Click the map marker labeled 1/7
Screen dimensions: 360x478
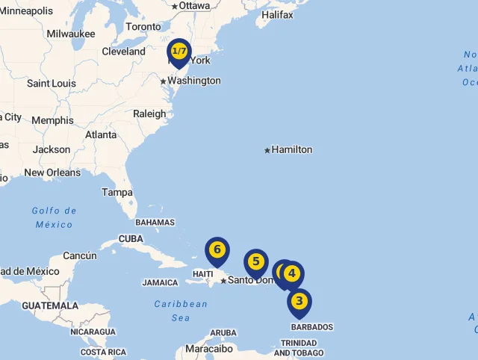179,52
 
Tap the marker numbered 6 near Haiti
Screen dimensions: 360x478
217,249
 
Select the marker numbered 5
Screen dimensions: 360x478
256,261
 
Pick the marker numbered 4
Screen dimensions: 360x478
292,273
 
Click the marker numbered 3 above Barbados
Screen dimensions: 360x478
299,302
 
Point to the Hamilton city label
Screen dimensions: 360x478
291,149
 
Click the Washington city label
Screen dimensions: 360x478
193,81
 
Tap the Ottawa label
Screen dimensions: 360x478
194,6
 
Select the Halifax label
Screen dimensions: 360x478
277,14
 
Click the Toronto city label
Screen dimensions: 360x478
143,27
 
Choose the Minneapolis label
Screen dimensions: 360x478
27,11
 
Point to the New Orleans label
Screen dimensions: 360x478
52,173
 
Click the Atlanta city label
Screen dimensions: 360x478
101,135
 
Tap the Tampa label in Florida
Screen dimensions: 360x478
117,192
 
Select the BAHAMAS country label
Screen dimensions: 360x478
155,222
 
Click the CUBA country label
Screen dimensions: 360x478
131,239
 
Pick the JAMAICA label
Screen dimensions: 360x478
160,283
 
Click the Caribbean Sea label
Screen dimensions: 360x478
181,311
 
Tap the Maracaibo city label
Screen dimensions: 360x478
209,348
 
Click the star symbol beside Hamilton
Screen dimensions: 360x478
267,150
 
